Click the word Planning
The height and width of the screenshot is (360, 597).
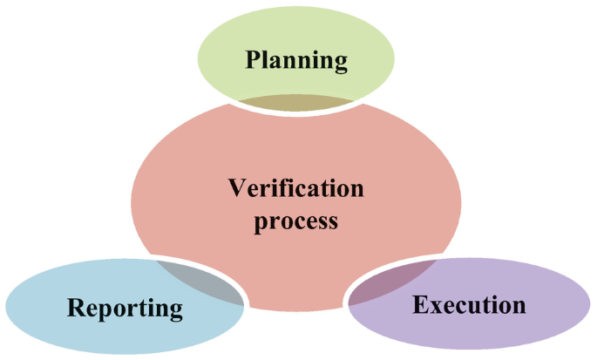(x=296, y=60)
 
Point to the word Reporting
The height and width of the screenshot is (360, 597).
(x=126, y=308)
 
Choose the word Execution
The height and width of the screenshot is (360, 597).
(x=469, y=305)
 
